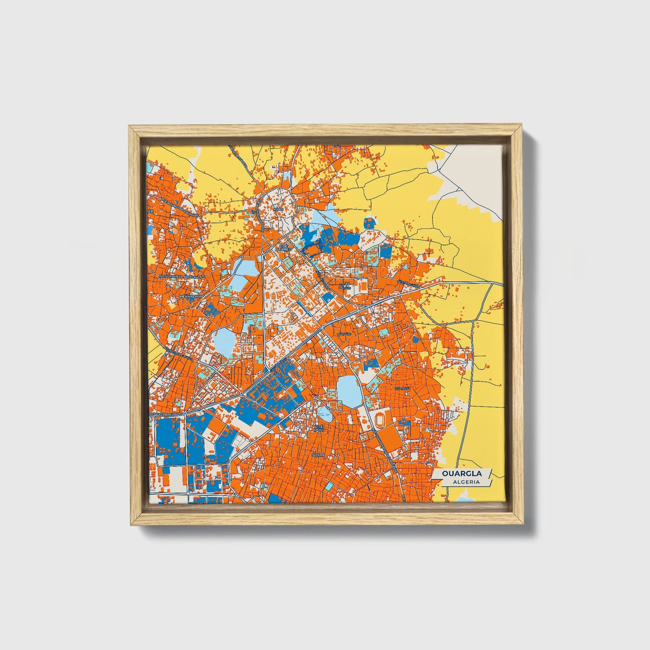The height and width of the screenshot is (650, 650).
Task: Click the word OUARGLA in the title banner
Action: pyautogui.click(x=462, y=473)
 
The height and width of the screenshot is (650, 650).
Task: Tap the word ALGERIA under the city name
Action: pyautogui.click(x=466, y=482)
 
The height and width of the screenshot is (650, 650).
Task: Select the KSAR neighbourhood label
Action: pyautogui.click(x=279, y=210)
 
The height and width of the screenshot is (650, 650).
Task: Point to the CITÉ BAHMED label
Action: pyautogui.click(x=283, y=248)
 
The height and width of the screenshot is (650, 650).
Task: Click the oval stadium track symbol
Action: pyautogui.click(x=381, y=420)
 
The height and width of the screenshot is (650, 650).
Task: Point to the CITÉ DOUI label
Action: pyautogui.click(x=319, y=428)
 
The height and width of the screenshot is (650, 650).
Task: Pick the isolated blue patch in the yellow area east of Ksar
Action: pyautogui.click(x=369, y=223)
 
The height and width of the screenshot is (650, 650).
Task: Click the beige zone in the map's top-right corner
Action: pyautogui.click(x=481, y=171)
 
